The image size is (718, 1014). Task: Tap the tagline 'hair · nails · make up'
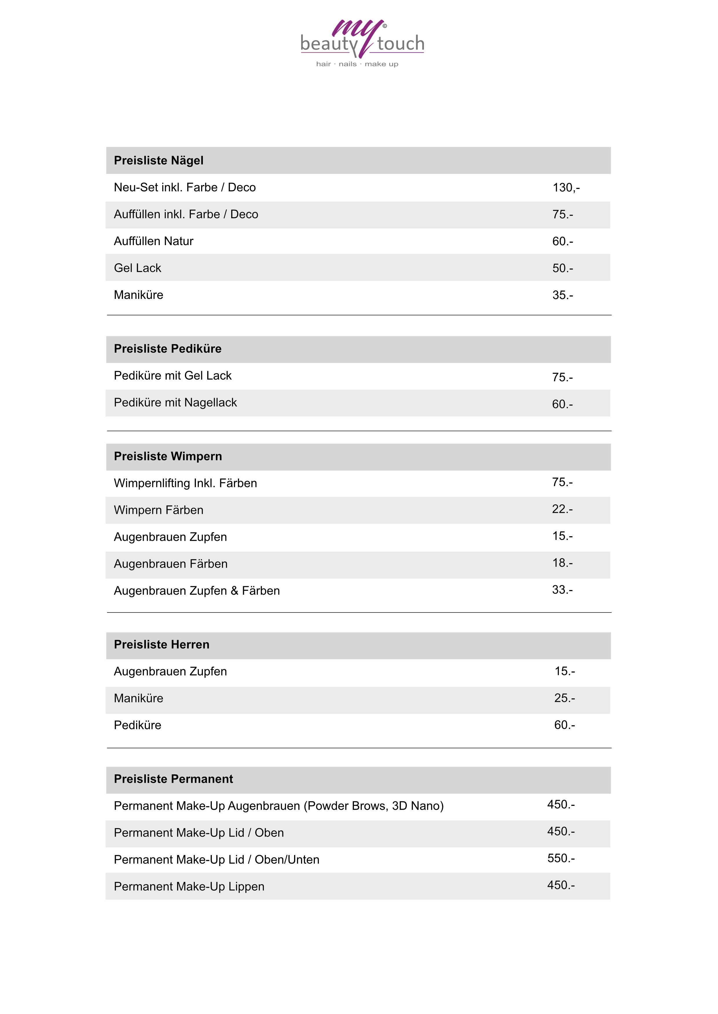[357, 64]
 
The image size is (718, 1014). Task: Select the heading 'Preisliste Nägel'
[159, 160]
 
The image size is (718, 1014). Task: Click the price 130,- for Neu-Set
[566, 188]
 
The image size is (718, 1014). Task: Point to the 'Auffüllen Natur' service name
[153, 241]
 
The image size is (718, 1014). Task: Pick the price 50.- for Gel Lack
[562, 268]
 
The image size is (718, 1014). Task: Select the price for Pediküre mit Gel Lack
[562, 377]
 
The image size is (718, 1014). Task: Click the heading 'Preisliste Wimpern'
[168, 456]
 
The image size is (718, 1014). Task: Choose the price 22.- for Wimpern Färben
[562, 509]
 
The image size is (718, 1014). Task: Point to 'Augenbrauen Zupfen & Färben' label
[197, 591]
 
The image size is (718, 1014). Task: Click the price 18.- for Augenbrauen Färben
[562, 563]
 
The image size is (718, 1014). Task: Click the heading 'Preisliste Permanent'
[173, 779]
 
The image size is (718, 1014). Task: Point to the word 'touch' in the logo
[401, 44]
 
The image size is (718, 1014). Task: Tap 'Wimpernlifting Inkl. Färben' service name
[185, 483]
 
